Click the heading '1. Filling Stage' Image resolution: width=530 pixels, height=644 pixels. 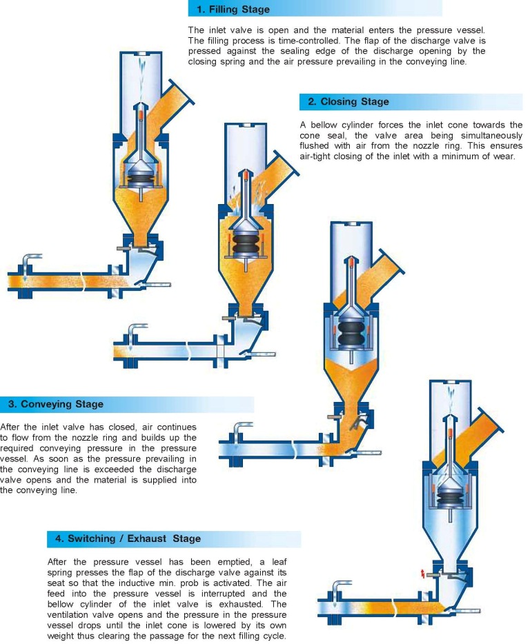click(x=233, y=10)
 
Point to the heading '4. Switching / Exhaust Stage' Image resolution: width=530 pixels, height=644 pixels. click(x=124, y=539)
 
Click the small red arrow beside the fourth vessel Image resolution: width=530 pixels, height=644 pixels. click(x=423, y=574)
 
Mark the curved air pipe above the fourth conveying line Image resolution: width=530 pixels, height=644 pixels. click(x=339, y=589)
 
